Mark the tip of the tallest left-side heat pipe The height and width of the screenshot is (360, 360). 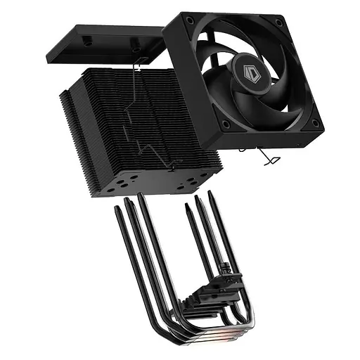pyautogui.click(x=141, y=196)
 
